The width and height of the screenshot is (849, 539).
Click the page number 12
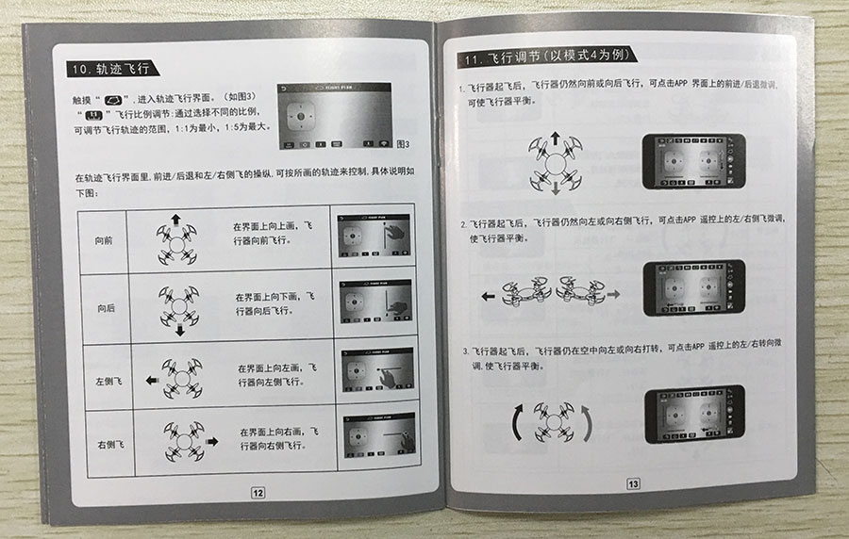(258, 490)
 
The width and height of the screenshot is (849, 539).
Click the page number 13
(633, 483)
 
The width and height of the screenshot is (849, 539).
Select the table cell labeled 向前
(104, 240)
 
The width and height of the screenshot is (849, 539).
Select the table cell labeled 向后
(106, 308)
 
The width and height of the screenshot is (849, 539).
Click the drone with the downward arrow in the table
(177, 307)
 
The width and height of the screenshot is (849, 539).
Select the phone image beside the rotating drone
(693, 414)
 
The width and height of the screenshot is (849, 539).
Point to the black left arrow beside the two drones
(488, 296)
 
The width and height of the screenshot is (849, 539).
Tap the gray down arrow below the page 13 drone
(555, 188)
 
